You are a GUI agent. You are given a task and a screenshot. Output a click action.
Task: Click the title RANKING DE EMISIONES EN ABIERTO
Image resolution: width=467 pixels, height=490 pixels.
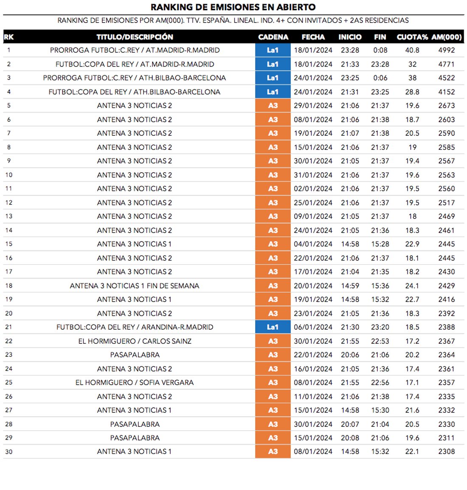point(233,7)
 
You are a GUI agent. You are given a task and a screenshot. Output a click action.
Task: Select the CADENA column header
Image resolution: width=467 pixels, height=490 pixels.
point(273,37)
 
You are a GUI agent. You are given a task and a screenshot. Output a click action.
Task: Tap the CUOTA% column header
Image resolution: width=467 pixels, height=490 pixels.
point(412,37)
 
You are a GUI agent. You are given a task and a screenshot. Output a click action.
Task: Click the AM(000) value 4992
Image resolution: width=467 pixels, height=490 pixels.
point(446,50)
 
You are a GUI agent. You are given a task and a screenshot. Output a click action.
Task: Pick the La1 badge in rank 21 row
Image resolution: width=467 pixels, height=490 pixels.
point(273,327)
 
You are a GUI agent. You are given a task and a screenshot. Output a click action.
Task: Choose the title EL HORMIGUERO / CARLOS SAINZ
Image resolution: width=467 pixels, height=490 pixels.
point(135,341)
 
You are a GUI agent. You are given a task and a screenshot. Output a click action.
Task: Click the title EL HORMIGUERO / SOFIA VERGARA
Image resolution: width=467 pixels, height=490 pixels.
point(135,382)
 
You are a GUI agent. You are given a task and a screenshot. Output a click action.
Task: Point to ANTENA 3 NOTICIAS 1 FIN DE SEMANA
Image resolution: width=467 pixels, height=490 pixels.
point(135,286)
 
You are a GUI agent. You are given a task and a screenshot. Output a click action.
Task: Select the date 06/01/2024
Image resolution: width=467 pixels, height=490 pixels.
point(313,327)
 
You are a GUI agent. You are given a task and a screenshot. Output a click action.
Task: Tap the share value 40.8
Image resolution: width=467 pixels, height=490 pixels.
point(412,50)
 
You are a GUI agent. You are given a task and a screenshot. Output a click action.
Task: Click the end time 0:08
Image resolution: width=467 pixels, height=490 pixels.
point(380,50)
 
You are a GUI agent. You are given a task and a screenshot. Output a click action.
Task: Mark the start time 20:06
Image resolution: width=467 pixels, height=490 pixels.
point(350,355)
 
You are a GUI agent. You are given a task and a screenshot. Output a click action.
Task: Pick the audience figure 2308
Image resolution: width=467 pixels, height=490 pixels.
point(446,451)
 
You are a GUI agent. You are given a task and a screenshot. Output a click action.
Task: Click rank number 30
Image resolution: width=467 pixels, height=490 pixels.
point(9,451)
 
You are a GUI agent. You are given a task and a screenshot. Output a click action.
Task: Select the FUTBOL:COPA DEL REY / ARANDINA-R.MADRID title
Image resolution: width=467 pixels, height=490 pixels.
point(135,327)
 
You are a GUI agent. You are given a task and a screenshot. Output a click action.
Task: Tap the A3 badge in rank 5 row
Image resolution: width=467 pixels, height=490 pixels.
point(273,106)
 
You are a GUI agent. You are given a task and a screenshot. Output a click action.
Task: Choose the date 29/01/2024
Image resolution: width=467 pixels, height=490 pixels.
point(313,106)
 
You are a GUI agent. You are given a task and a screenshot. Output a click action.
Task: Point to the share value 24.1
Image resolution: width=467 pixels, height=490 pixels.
point(412,286)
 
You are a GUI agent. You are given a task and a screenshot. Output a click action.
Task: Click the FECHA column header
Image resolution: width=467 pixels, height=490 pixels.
point(313,37)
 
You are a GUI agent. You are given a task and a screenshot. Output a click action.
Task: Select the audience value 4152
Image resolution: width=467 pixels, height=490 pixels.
point(446,92)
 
